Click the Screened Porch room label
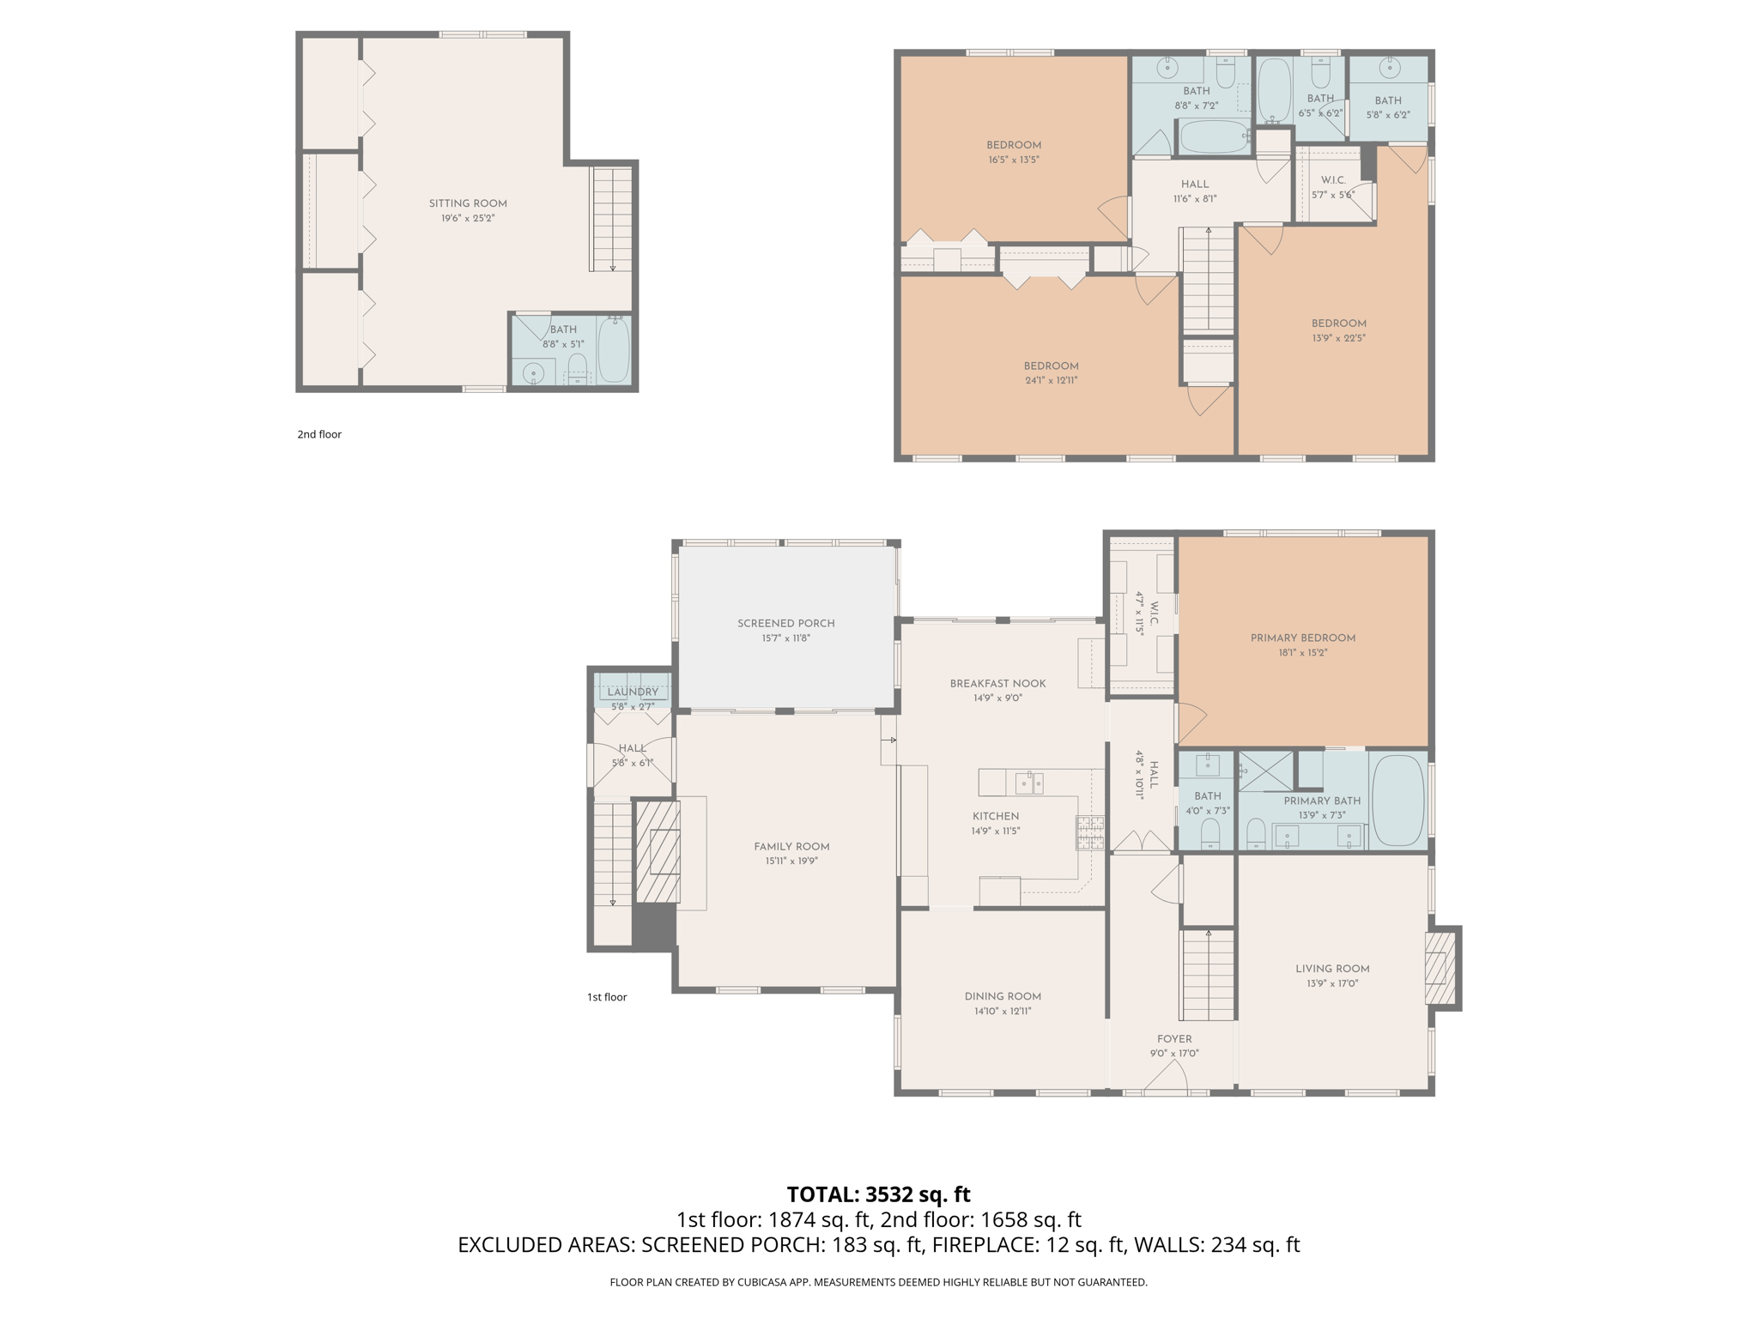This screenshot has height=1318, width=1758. point(785,623)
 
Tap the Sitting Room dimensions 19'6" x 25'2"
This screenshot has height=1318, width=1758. point(468,219)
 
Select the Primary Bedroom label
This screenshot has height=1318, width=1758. point(1302,638)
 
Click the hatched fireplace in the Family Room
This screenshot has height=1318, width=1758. point(658,851)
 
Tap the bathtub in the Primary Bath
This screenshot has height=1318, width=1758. point(1398,801)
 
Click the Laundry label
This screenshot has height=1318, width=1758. point(633,692)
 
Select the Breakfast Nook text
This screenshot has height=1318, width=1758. point(997,684)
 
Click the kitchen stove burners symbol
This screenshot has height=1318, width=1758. point(1090,832)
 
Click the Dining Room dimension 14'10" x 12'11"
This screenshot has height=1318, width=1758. point(1002,1011)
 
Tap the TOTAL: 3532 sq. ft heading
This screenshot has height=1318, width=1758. point(878,1194)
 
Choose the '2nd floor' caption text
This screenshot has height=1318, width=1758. point(319,434)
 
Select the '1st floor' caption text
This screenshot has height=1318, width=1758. point(607,997)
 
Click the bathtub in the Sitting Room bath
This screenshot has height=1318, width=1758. point(614,350)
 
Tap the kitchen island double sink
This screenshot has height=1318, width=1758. point(1029,783)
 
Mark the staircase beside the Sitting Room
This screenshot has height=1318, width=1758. point(612,220)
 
